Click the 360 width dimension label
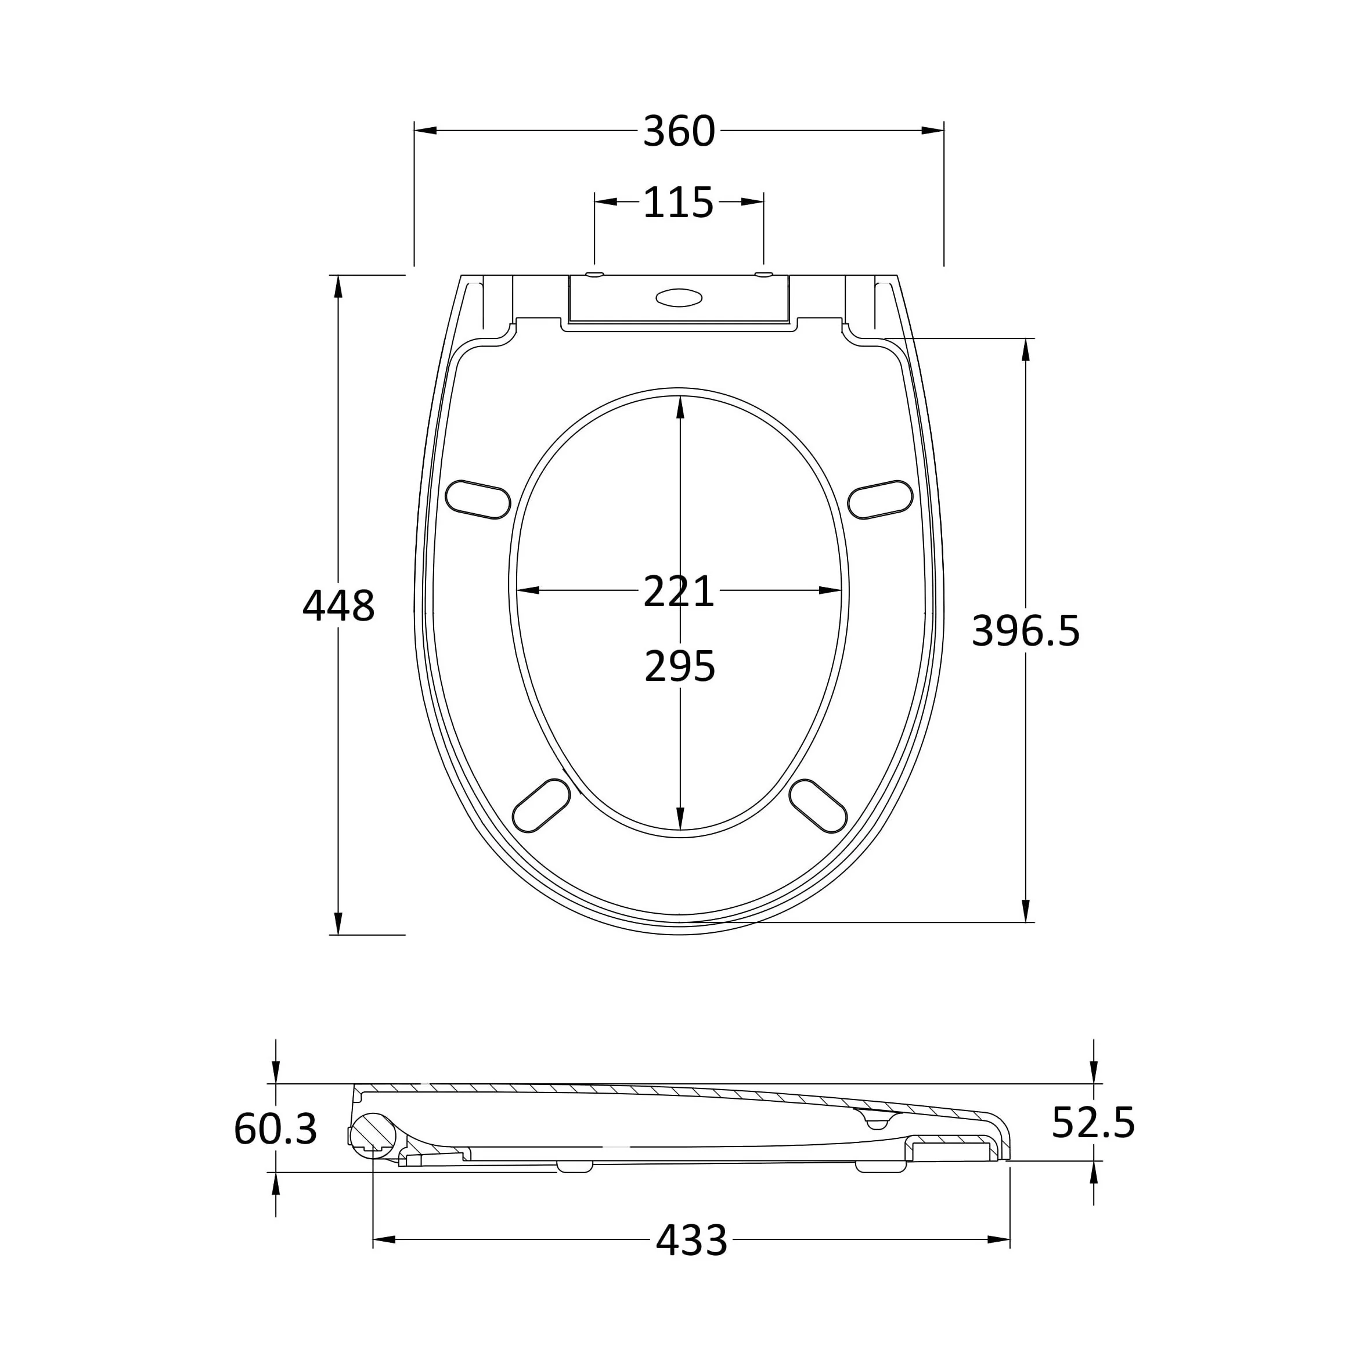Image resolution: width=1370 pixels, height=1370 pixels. [679, 132]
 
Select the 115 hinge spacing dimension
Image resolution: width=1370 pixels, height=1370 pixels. [678, 203]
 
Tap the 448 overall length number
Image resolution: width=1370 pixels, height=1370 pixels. [338, 606]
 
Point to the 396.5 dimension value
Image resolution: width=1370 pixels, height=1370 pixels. [1025, 630]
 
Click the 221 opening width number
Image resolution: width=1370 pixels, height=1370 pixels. [679, 592]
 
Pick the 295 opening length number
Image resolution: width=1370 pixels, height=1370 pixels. [679, 666]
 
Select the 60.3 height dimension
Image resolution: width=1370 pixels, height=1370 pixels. [275, 1130]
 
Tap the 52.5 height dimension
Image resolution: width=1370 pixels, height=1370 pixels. [1093, 1123]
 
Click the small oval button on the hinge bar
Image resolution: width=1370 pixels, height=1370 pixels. [679, 298]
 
